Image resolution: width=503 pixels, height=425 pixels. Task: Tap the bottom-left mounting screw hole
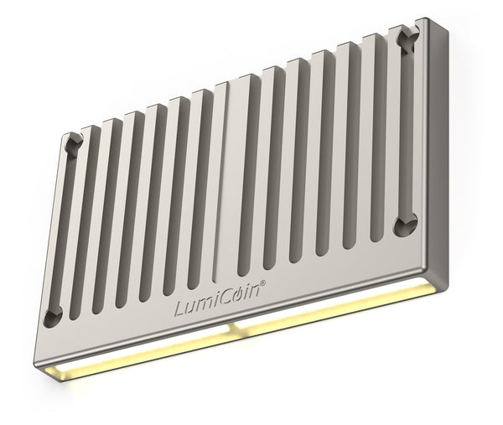pyautogui.click(x=53, y=315)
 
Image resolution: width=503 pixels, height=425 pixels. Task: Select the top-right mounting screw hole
pyautogui.click(x=408, y=37)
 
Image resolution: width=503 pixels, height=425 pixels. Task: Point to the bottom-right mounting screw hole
pyautogui.click(x=407, y=223)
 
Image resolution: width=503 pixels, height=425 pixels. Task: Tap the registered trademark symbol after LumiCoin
pyautogui.click(x=264, y=285)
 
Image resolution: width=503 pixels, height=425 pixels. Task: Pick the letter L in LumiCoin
pyautogui.click(x=180, y=308)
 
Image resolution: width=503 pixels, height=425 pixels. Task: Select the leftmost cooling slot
pyautogui.click(x=84, y=226)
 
